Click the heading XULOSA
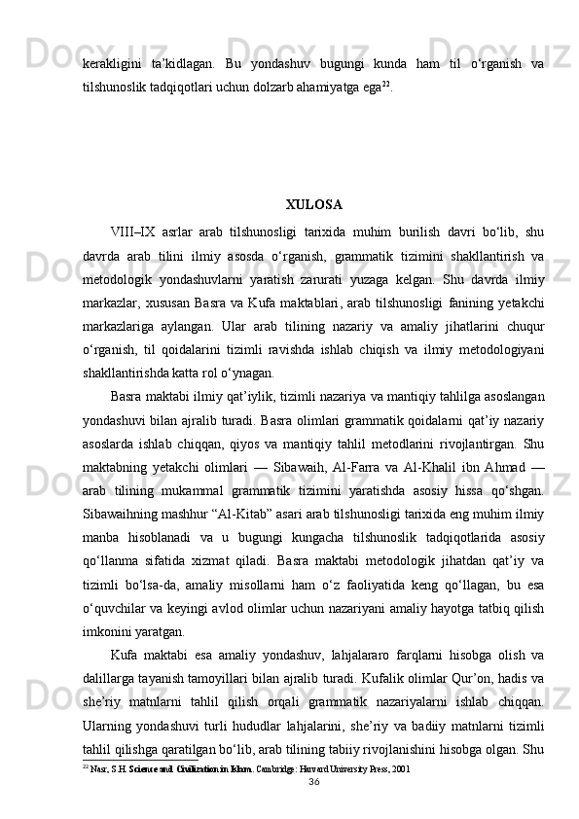313,205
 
